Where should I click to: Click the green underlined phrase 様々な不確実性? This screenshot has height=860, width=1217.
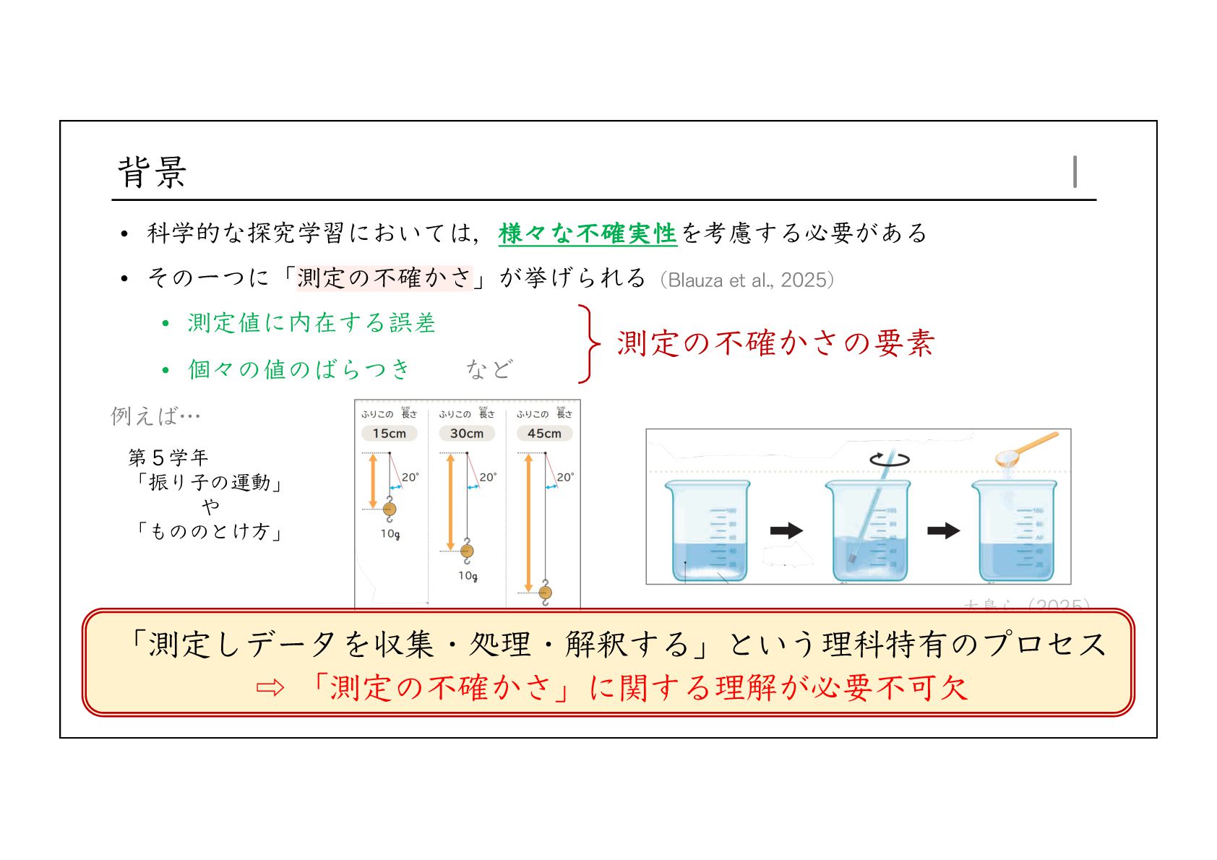click(587, 233)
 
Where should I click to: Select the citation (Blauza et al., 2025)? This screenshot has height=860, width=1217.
click(747, 280)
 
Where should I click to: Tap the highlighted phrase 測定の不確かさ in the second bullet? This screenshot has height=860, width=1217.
click(384, 278)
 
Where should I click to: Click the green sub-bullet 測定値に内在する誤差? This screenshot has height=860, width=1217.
click(311, 323)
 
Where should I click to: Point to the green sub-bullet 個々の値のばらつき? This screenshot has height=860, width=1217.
click(298, 369)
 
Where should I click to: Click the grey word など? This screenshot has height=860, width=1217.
click(489, 369)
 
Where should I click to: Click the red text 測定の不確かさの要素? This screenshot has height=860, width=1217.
click(775, 343)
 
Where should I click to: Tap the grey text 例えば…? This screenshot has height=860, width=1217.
click(155, 416)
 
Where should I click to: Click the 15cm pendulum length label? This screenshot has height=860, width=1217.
click(389, 434)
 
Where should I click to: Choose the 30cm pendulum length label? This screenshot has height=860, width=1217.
click(467, 434)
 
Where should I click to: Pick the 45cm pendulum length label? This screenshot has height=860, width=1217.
click(544, 434)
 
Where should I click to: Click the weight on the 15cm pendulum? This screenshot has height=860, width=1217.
click(390, 509)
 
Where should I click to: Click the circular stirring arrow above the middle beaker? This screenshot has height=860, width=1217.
click(889, 458)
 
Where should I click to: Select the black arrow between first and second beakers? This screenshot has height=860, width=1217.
click(786, 530)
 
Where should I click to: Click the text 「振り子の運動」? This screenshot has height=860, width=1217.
click(210, 482)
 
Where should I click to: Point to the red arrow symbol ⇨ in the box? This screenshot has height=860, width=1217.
click(270, 688)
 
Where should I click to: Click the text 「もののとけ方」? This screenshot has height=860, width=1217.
click(210, 531)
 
